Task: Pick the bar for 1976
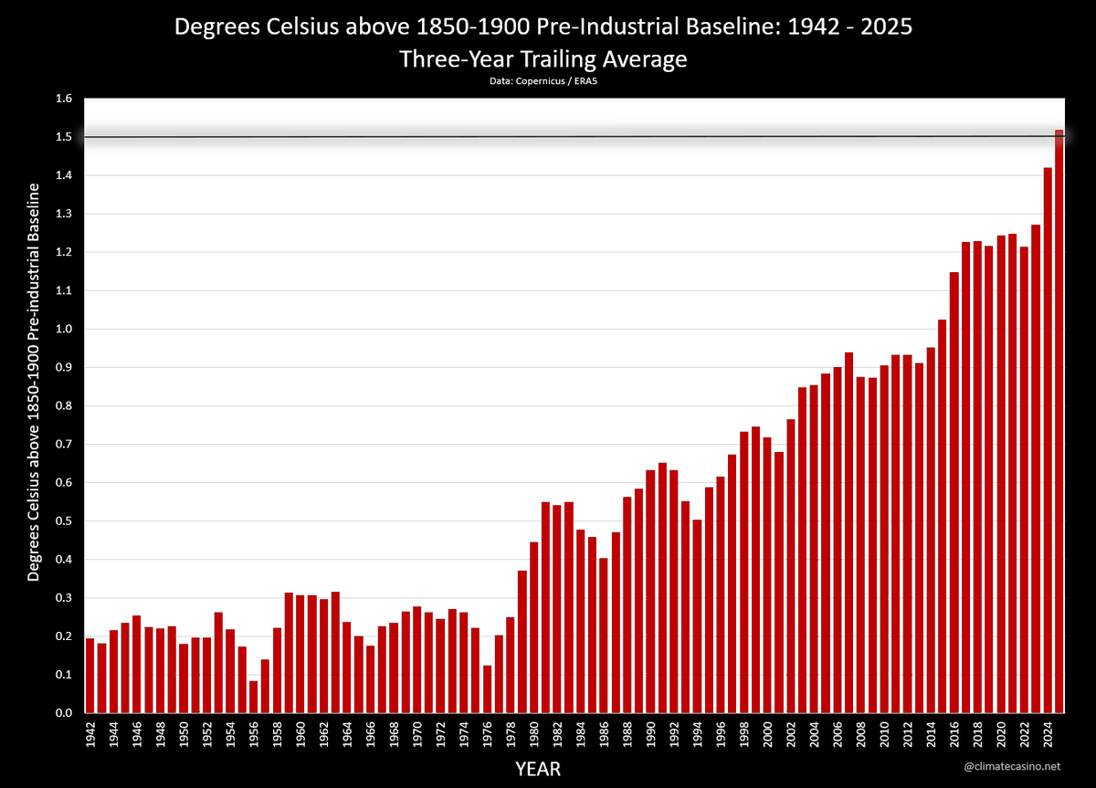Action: (487, 689)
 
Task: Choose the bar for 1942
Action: (90, 676)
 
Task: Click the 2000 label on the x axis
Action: (767, 736)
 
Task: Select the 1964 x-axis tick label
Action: (347, 736)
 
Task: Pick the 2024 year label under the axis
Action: (1048, 736)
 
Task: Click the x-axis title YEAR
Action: (538, 769)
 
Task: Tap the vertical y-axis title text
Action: (34, 382)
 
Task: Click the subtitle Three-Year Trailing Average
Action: (543, 59)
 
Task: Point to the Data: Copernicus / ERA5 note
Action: (543, 80)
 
